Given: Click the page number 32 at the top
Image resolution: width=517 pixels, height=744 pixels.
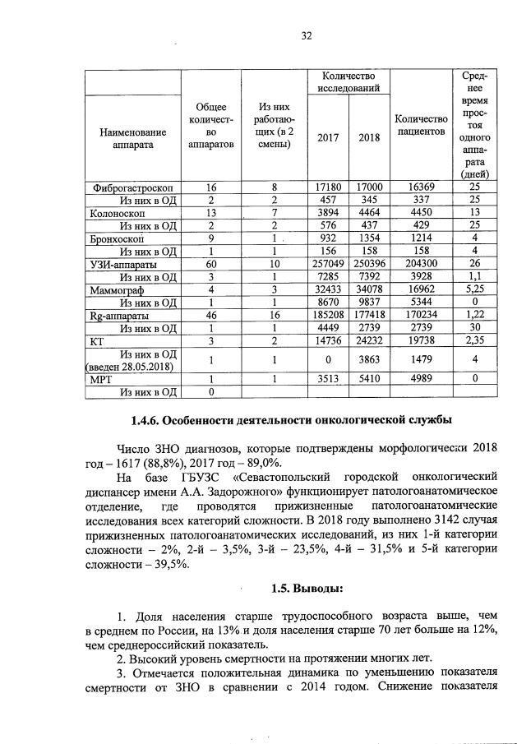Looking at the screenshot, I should pyautogui.click(x=306, y=35).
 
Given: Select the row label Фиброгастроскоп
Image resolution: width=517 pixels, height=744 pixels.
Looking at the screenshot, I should pyautogui.click(x=132, y=187).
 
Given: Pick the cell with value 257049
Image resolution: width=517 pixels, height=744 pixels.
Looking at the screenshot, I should pyautogui.click(x=328, y=265).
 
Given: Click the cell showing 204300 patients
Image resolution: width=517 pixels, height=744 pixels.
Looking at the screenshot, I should pyautogui.click(x=421, y=265).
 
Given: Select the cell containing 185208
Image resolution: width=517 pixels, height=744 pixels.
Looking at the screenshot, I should pyautogui.click(x=328, y=315).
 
